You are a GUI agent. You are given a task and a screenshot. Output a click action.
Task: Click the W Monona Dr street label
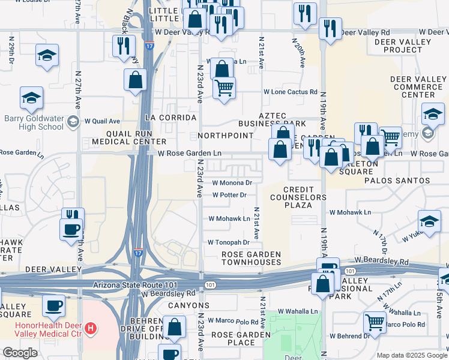(231, 183)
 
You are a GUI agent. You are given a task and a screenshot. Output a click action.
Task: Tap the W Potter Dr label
(229, 195)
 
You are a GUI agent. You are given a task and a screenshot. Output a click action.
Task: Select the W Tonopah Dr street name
(228, 242)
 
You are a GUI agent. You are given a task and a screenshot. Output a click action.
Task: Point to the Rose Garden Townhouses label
(251, 258)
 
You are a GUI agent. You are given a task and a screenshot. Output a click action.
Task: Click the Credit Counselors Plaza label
(298, 197)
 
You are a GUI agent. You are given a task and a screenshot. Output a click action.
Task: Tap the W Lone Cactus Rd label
(291, 92)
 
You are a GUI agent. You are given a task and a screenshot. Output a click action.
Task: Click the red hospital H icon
(91, 328)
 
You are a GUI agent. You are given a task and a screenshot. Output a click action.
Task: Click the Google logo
(20, 353)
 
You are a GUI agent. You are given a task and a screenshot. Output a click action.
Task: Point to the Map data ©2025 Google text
(411, 355)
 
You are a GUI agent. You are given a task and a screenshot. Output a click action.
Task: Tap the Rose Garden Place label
(233, 338)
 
